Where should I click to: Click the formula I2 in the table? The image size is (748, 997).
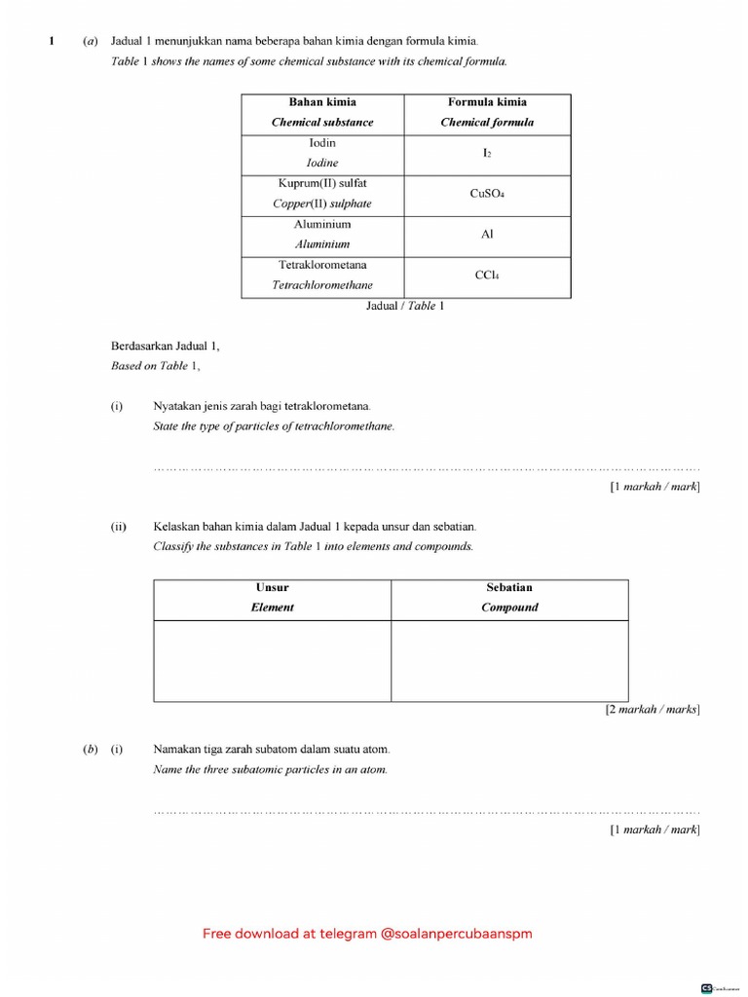click(x=487, y=154)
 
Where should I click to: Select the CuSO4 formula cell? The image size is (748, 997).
click(x=487, y=194)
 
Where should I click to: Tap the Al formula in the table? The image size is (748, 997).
click(x=487, y=235)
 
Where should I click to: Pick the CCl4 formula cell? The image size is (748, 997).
click(x=487, y=276)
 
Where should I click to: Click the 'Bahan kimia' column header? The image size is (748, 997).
click(x=322, y=102)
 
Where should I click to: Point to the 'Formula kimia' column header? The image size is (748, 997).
click(x=487, y=102)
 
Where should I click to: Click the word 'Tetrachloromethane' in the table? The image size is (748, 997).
click(x=322, y=285)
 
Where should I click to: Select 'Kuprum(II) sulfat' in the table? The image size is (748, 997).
click(x=322, y=183)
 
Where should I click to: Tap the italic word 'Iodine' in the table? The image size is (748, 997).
click(x=322, y=164)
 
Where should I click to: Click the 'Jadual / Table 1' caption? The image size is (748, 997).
click(x=405, y=306)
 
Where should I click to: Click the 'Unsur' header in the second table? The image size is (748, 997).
click(x=273, y=588)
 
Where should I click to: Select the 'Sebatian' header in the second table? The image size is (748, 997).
click(x=509, y=588)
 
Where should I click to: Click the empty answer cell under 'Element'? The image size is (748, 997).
click(x=273, y=660)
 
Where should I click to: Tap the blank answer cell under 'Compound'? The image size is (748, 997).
click(x=509, y=660)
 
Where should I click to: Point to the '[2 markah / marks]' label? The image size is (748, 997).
click(x=652, y=710)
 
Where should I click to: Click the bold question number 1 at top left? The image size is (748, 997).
click(x=52, y=41)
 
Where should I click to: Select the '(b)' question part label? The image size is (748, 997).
click(x=90, y=750)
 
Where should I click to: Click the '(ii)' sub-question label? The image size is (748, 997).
click(x=119, y=527)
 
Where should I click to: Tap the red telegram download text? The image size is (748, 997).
click(x=367, y=934)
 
